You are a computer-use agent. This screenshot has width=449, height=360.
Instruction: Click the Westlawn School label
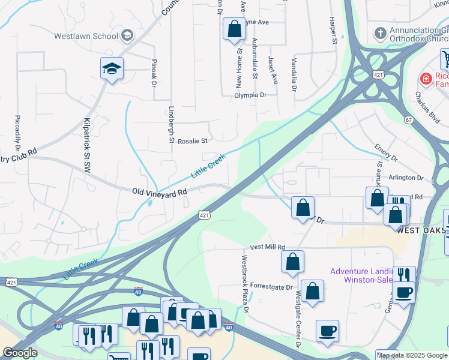point(86,35)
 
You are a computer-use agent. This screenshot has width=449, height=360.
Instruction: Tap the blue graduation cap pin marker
point(112,70)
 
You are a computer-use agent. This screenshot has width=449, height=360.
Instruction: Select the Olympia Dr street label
point(250,95)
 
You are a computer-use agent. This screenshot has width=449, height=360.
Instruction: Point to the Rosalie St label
point(191,141)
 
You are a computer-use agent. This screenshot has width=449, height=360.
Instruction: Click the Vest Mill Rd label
point(268,247)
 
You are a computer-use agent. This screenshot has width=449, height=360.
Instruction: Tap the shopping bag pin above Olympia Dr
point(234,29)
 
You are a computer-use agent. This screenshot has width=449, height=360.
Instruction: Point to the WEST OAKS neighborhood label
point(421,230)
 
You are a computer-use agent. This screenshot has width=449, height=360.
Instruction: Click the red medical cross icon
point(426,78)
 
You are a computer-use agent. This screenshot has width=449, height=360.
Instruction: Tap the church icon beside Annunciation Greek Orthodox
point(379,31)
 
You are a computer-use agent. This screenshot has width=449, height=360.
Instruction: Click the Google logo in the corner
point(20,353)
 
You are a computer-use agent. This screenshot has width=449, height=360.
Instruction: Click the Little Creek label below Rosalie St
point(208,166)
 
